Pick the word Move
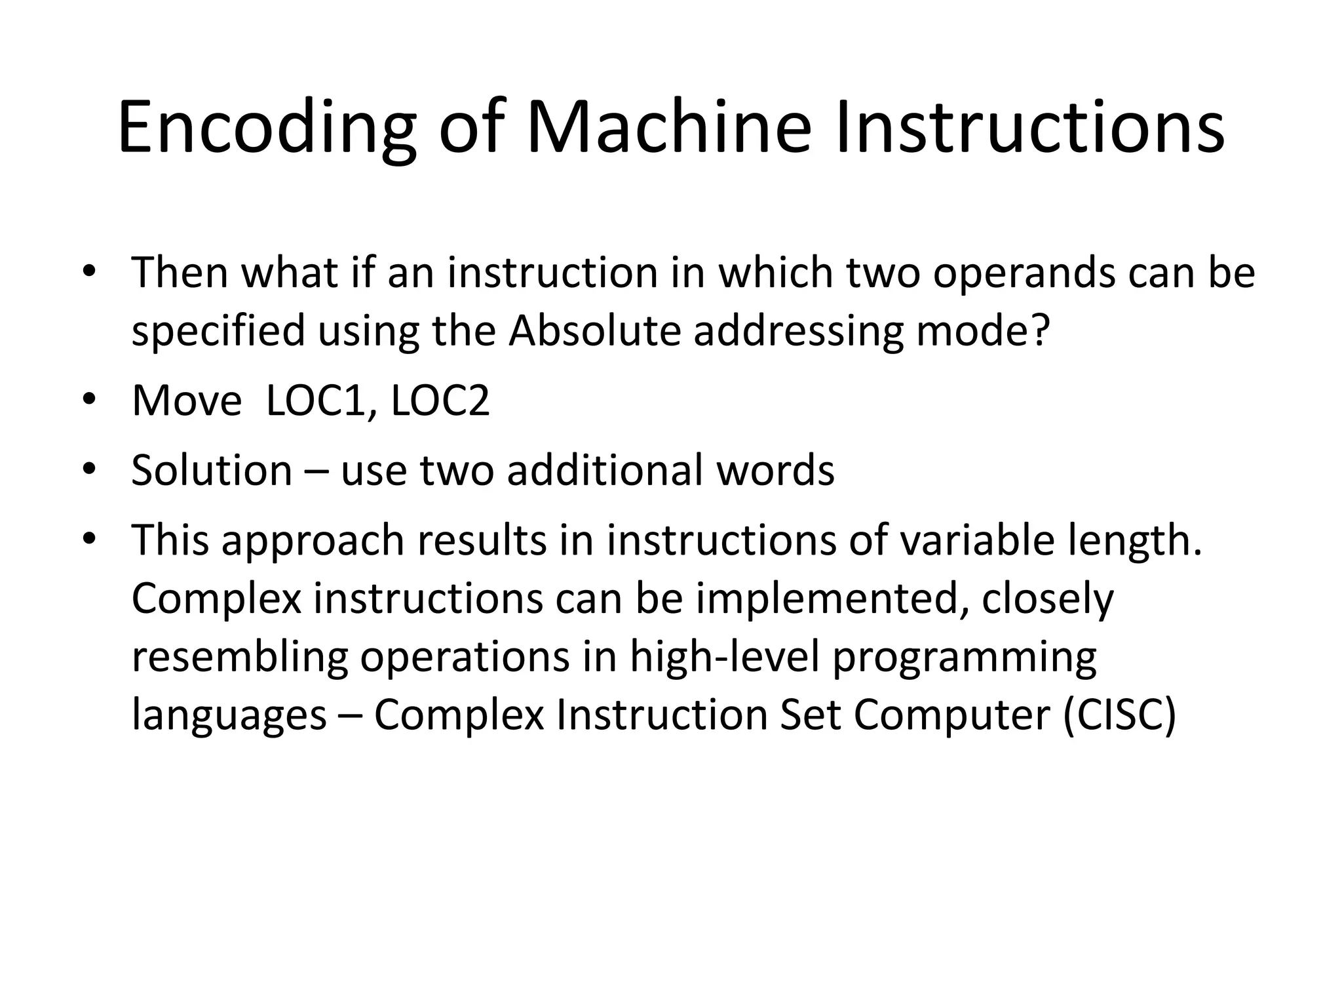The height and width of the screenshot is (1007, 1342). click(x=187, y=400)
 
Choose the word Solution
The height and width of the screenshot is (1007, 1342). click(x=212, y=470)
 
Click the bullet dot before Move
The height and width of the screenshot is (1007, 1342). click(x=90, y=399)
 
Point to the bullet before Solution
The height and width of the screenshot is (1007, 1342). click(x=90, y=469)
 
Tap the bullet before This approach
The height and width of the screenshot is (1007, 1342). click(x=90, y=539)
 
